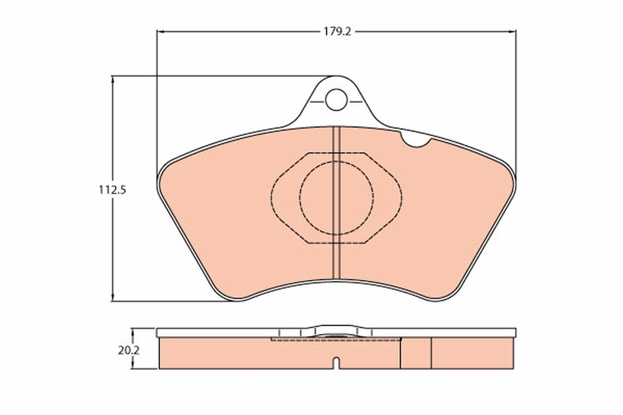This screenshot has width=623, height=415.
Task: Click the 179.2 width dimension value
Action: pyautogui.click(x=337, y=31)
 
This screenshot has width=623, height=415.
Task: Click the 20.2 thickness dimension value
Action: pyautogui.click(x=128, y=350)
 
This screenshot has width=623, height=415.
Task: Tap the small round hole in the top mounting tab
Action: pyautogui.click(x=336, y=99)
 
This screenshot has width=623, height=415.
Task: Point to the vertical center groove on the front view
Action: pyautogui.click(x=336, y=208)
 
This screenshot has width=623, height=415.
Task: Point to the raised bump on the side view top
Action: pyautogui.click(x=336, y=330)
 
